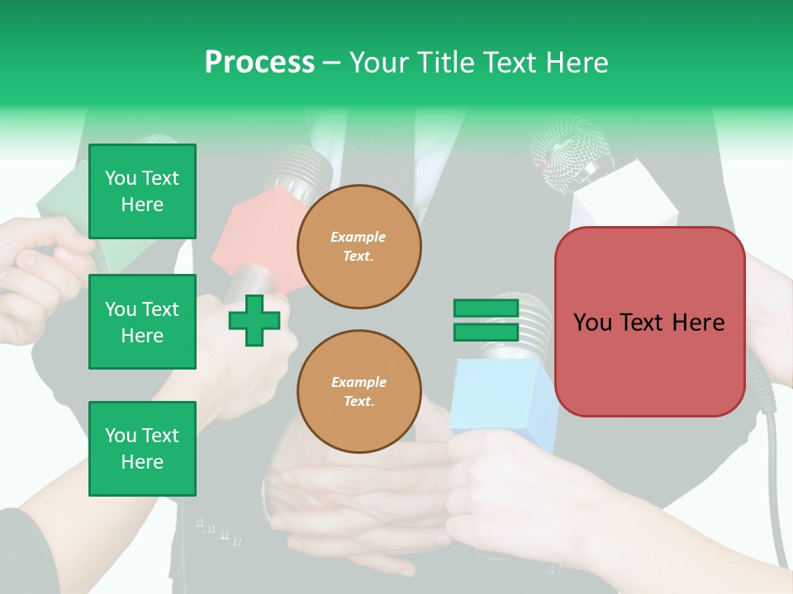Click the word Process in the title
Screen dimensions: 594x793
[x=259, y=63]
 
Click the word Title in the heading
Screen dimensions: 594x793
[x=447, y=63]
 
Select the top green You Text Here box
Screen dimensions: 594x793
[x=142, y=191]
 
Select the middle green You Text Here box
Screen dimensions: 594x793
[x=142, y=322]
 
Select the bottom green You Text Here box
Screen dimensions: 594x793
[x=142, y=448]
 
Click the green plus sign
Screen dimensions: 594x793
[x=254, y=321]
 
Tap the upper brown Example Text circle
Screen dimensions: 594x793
[x=359, y=247]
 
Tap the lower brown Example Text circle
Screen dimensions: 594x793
[x=359, y=391]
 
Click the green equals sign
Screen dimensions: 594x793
[x=486, y=320]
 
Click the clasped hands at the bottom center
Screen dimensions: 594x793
[x=355, y=503]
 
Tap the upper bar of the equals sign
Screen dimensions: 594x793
[x=486, y=309]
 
